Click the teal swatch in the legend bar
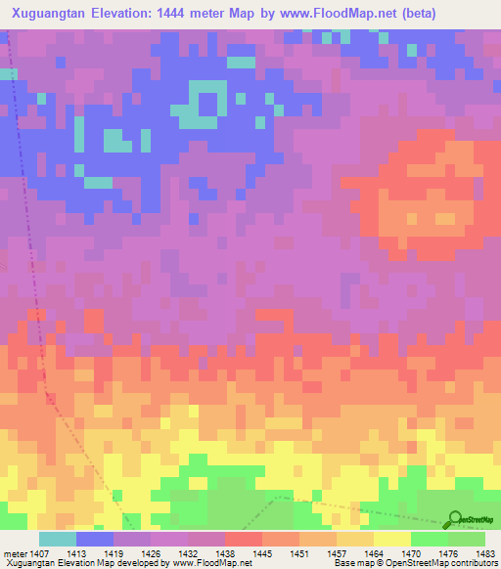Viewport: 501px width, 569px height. (58, 538)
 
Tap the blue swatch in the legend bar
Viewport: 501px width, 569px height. (95, 538)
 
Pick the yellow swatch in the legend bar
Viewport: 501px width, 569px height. (392, 538)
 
